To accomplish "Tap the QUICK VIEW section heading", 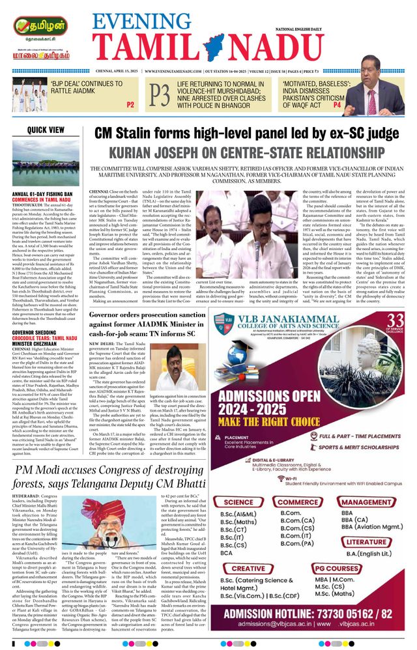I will click(46, 130).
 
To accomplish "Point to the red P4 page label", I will click(319, 104).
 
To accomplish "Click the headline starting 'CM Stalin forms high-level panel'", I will click(246, 133).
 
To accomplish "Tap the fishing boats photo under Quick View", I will click(45, 166).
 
